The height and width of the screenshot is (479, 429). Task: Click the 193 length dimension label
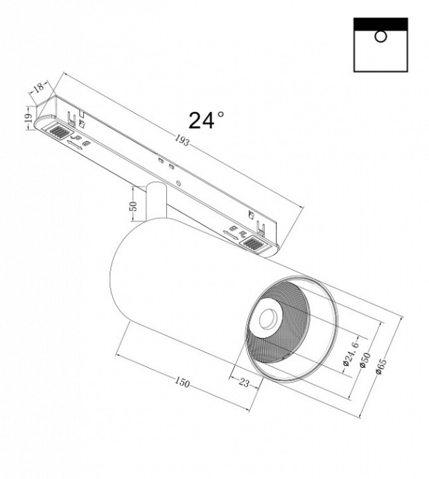(182, 141)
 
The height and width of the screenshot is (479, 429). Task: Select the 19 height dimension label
(28, 119)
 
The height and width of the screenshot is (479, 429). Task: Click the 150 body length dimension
(182, 383)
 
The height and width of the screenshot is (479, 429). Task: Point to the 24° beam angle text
(206, 121)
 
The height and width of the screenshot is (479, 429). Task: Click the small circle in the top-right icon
(380, 36)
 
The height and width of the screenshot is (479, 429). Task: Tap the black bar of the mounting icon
(380, 24)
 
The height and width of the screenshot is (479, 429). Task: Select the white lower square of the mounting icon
(380, 52)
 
